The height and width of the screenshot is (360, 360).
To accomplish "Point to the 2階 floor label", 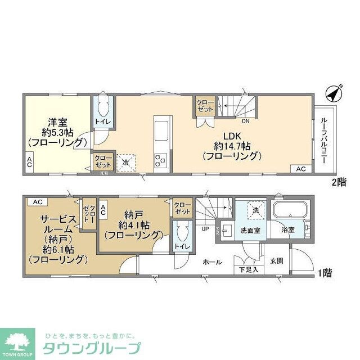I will click(338, 182).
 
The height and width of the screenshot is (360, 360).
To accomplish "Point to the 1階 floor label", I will click(324, 273).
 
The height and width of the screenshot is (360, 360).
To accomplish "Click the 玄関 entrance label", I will click(276, 260).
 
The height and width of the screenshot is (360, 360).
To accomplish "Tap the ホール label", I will click(211, 262).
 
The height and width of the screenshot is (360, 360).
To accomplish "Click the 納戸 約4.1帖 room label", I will click(133, 224).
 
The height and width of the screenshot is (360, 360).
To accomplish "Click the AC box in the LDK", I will click(300, 169).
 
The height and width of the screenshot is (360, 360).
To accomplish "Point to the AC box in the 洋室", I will click(28, 162).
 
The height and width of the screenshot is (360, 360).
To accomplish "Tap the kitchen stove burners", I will click(160, 161).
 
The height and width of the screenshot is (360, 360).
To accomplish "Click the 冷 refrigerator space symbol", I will click(126, 162).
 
